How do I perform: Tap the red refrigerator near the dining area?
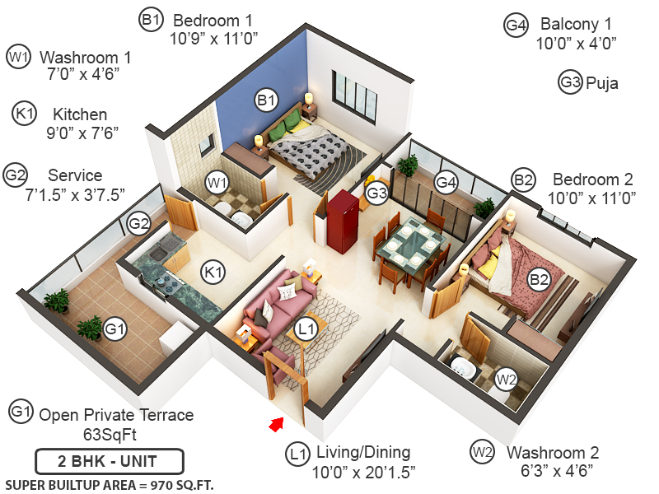coord(341,221)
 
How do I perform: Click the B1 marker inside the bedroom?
coord(265,101)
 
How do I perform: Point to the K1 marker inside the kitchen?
coord(213,270)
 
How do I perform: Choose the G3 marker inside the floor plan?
coord(376,194)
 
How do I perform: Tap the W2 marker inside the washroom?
coord(506,380)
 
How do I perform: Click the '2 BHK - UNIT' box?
coord(109,460)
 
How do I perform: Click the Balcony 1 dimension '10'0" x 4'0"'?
coord(577,44)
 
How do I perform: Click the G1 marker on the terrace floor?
coord(116,330)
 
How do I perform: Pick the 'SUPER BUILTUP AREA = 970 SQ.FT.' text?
coord(110,485)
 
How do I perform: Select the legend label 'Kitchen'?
coord(80,114)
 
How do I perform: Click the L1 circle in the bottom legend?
coord(297,453)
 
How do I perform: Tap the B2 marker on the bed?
coord(539,281)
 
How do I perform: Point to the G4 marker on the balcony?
coord(446,181)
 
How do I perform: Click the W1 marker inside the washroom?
coord(217,181)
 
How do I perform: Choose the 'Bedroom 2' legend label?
coord(593,179)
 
